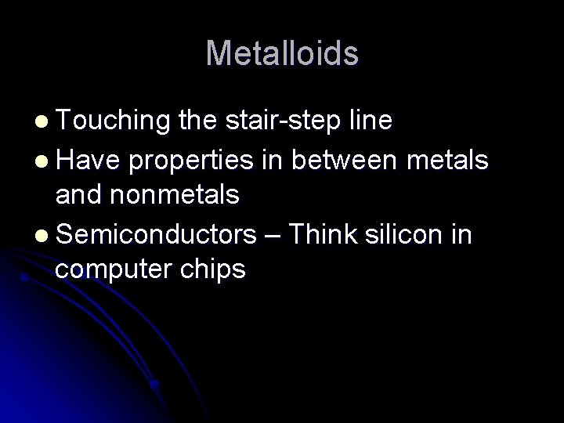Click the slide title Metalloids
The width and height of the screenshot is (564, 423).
point(282,54)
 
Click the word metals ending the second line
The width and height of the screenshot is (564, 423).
point(452,160)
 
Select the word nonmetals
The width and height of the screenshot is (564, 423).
point(177,196)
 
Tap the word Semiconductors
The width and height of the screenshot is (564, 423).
point(157,233)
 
